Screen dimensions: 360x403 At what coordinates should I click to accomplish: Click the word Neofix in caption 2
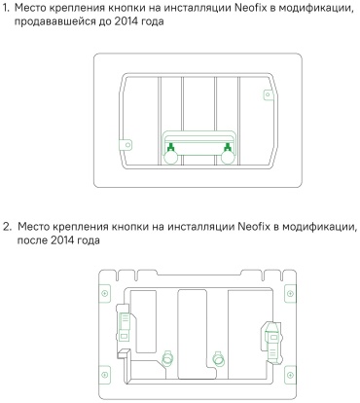point(254,226)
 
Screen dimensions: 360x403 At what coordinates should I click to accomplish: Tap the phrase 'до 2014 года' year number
point(127,22)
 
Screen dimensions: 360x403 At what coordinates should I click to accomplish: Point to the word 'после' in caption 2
point(32,240)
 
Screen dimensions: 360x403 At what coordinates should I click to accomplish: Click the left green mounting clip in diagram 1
point(170,147)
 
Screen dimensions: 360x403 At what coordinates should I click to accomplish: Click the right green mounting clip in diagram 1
point(228,147)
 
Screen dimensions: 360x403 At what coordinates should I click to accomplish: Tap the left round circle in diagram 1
point(170,158)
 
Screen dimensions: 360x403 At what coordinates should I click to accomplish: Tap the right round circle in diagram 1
point(228,158)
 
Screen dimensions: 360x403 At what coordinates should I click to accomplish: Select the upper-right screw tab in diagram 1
point(268,94)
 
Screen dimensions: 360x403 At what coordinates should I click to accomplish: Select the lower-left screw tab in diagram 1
point(126,144)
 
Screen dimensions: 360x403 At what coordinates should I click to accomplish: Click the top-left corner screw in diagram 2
point(104,294)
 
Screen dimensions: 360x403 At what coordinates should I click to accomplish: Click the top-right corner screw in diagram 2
point(290,294)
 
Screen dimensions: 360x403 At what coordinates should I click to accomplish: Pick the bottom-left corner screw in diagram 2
point(104,375)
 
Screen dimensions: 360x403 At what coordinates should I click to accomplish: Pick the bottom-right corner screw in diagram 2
point(290,375)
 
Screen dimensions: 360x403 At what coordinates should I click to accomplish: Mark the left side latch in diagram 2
point(124,324)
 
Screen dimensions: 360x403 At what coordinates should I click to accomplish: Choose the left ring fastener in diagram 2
point(167,357)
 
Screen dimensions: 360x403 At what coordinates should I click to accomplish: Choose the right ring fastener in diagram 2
point(218,357)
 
